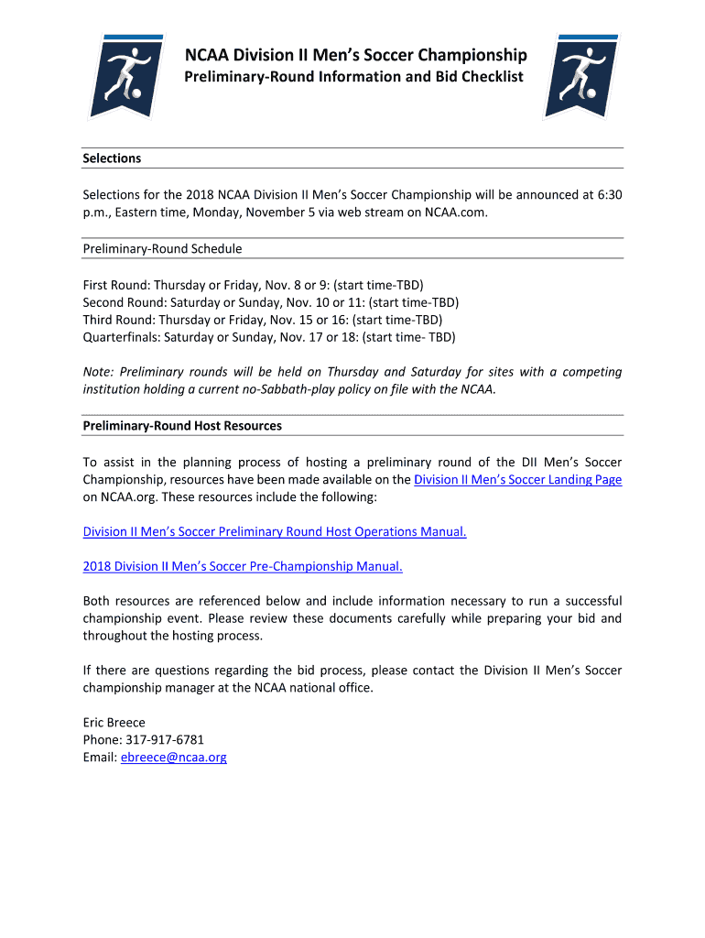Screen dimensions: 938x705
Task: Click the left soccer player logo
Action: point(125,76)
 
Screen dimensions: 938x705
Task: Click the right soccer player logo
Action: point(580,76)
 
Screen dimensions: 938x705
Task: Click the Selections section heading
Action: point(112,158)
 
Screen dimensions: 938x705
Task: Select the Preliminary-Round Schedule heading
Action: point(162,248)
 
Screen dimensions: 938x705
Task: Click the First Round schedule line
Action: point(253,285)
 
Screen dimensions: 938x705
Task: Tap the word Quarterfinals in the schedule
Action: point(120,337)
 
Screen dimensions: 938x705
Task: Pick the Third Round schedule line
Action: point(262,320)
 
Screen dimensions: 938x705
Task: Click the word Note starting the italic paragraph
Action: point(97,372)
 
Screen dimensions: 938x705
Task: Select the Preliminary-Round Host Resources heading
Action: point(182,426)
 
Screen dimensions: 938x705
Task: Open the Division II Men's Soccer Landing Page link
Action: point(517,479)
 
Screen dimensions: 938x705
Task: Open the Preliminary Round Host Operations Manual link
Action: point(275,532)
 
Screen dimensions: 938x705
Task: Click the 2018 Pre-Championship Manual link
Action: point(243,566)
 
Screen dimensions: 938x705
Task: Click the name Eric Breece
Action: point(114,723)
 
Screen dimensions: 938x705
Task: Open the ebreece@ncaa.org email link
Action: point(173,758)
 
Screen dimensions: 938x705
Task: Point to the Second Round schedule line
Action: point(270,302)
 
